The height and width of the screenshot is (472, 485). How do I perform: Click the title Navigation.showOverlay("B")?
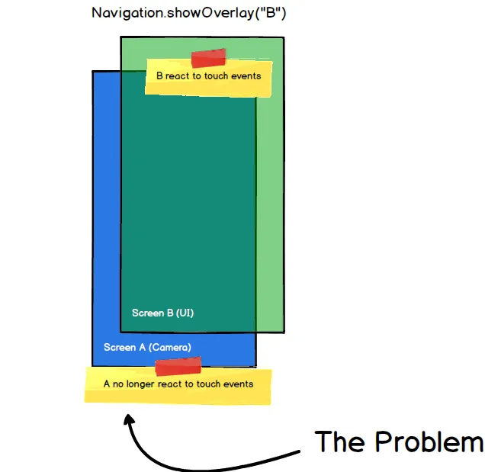point(188,14)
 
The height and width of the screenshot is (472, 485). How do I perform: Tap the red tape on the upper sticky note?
point(208,58)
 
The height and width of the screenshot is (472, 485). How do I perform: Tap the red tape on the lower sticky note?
point(178,368)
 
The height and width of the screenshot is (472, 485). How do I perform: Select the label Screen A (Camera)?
point(147,348)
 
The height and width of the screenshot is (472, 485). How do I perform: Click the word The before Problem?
point(339,441)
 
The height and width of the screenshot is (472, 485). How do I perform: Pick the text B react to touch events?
point(208,76)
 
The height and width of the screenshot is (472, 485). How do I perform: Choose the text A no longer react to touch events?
point(178,384)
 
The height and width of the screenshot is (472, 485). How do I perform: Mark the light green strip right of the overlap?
point(270,214)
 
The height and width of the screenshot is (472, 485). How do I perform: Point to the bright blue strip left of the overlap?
point(106,214)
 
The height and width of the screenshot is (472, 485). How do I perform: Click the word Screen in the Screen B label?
point(146,313)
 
